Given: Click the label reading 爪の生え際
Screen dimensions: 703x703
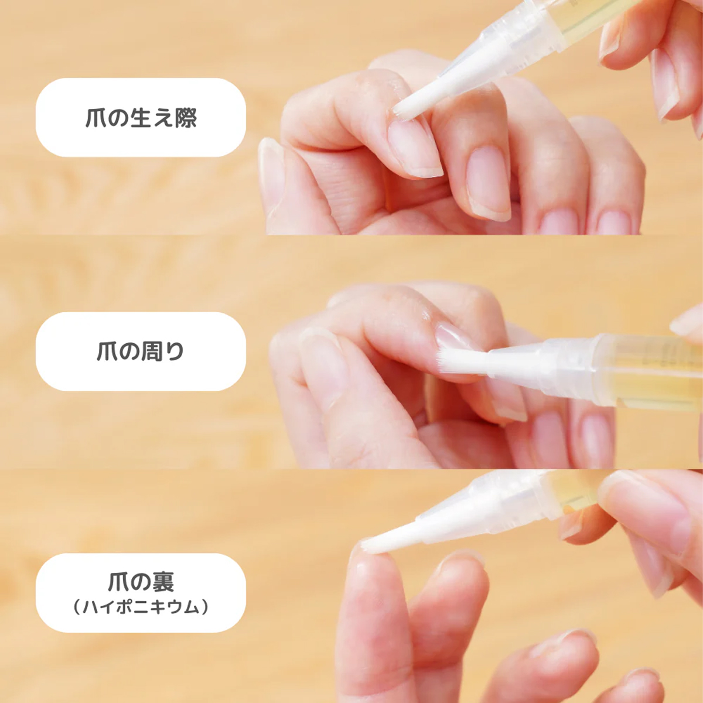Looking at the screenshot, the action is (141, 118).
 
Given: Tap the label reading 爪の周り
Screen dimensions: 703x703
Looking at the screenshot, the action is (141, 351).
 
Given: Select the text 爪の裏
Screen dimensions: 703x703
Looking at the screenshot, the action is (141, 582).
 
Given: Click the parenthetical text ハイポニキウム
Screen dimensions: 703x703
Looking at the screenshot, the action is (141, 608).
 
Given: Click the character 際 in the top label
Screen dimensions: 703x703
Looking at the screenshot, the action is (186, 118).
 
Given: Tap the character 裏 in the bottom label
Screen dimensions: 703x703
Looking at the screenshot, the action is (163, 582).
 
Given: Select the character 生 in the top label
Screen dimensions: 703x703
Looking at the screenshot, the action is (141, 118).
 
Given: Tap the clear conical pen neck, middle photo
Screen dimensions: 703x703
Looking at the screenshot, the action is (514, 359).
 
